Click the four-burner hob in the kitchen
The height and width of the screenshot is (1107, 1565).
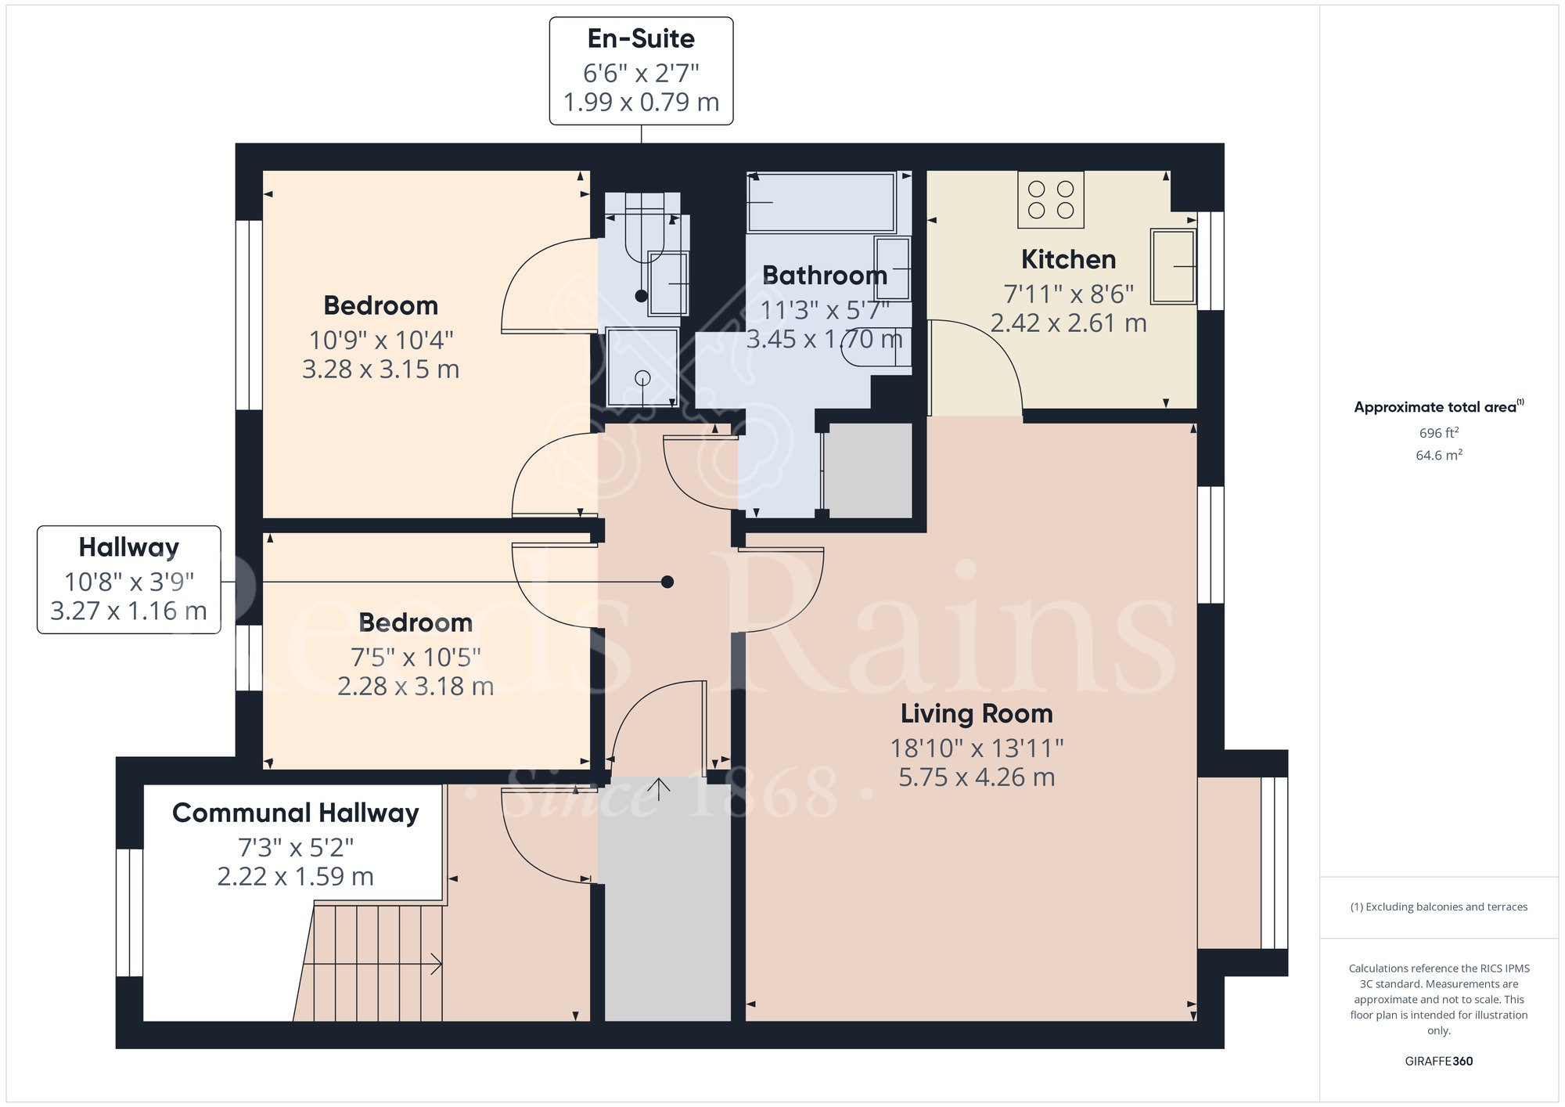point(1050,200)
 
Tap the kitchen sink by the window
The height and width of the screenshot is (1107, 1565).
point(1172,266)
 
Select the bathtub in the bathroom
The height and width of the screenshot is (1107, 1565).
point(821,203)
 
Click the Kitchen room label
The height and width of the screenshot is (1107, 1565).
point(1068,260)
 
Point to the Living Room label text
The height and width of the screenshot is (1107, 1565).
point(976,714)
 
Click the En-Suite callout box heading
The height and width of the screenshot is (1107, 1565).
point(641,39)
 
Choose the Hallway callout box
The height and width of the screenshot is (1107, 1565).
point(129,579)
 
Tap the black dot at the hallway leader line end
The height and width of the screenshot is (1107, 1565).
point(667,582)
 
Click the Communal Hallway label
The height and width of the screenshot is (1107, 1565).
point(295,813)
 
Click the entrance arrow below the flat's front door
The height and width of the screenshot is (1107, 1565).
point(659,789)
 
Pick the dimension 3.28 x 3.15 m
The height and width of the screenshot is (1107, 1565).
point(380,370)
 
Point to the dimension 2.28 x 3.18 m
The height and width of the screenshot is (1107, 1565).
point(416,687)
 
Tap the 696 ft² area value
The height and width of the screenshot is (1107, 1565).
point(1438,433)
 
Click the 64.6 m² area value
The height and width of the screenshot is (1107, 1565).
point(1438,455)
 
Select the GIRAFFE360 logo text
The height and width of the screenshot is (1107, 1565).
point(1438,1062)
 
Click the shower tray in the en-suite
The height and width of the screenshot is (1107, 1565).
point(642,367)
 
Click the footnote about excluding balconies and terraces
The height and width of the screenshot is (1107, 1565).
point(1438,907)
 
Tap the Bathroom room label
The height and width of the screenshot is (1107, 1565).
point(824,276)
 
